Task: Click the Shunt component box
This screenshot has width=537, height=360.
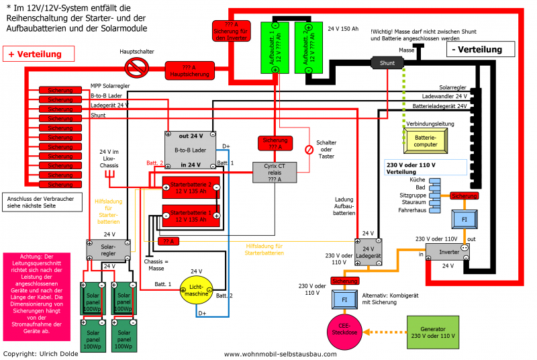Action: pos(387,63)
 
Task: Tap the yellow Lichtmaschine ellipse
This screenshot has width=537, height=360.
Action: pos(195,289)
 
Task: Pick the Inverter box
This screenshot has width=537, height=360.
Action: pos(444,251)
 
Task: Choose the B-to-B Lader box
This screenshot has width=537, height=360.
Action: pos(190,149)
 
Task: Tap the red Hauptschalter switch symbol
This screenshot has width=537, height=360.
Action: pos(138,65)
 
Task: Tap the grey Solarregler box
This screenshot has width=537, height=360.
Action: pos(108,249)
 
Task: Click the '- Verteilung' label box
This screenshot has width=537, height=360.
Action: pos(477,50)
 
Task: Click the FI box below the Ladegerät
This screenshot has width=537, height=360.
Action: pos(344,298)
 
